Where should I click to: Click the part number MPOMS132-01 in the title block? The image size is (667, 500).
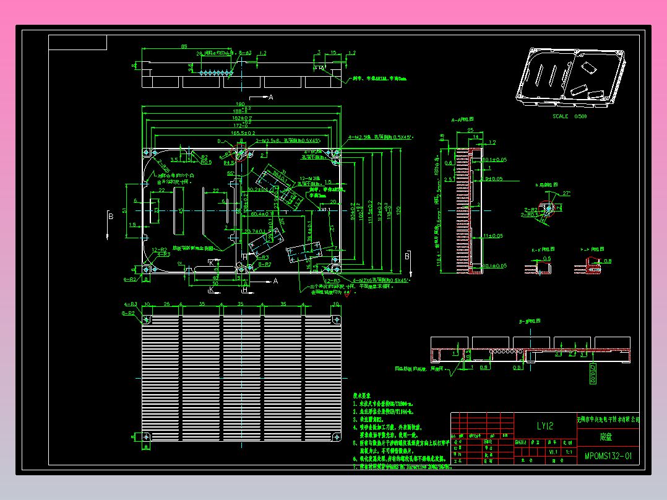(608, 457)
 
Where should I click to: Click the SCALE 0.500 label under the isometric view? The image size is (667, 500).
(569, 116)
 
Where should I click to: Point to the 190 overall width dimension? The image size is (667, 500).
(239, 104)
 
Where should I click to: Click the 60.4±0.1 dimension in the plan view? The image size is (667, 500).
(265, 214)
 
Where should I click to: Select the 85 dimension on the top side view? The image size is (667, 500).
(184, 46)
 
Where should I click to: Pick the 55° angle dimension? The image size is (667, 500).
(230, 174)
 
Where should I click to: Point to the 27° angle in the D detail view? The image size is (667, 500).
(564, 193)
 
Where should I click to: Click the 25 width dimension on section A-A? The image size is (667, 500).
(470, 130)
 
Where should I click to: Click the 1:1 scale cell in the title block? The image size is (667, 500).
(568, 452)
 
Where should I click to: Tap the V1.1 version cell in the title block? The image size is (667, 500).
(553, 452)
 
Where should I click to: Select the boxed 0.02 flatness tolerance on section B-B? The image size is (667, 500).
(591, 373)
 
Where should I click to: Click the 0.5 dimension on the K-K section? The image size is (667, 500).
(546, 259)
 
